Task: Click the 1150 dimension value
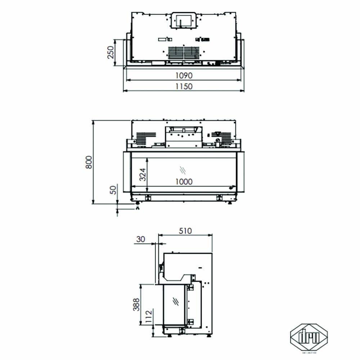coord(184,86)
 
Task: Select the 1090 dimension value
coord(184,76)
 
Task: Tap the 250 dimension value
coord(111,53)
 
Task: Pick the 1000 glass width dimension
coord(184,181)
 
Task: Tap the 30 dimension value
coord(141,239)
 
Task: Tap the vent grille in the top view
coord(184,53)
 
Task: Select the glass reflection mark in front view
coord(183,169)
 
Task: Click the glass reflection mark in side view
coord(176,300)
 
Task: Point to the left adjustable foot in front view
coord(138,205)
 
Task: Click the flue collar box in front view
coord(183,137)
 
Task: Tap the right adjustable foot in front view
coord(230,203)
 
